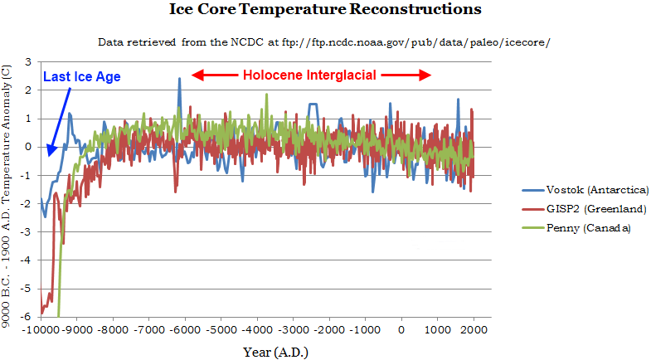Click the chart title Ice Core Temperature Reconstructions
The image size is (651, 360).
pos(325,11)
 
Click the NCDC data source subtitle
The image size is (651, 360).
pos(324,41)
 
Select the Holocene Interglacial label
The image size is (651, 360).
pos(309,75)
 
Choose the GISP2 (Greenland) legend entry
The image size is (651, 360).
pos(584,209)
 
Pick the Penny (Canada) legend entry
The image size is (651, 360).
pos(576,228)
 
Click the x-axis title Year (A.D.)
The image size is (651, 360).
pos(274,353)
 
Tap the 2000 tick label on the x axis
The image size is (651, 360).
pos(474,328)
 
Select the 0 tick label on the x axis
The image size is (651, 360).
pos(401,328)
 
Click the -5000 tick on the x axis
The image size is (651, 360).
pos(221,328)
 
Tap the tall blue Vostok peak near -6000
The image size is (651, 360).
pos(179,80)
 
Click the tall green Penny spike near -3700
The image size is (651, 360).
pos(266,95)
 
